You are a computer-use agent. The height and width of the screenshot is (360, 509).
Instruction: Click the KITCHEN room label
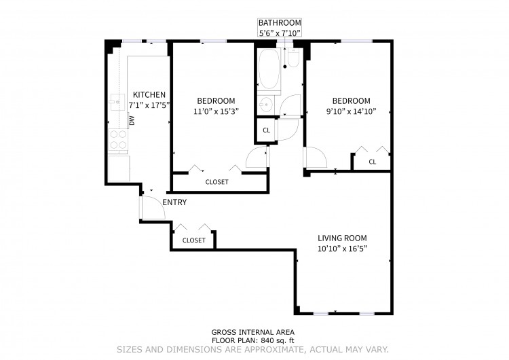tap(149, 94)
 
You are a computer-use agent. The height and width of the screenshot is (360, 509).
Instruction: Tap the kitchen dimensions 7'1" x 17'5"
tap(149, 105)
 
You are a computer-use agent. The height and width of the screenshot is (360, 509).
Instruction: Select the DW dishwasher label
tap(132, 121)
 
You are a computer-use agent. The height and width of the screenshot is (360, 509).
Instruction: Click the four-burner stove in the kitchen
tap(118, 139)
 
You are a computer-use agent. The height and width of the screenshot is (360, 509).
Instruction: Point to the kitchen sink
tap(117, 103)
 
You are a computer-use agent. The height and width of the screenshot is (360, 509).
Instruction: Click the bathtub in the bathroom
tap(269, 69)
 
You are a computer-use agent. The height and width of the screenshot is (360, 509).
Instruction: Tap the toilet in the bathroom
tap(293, 58)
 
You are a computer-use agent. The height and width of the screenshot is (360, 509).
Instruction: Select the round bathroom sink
tap(266, 105)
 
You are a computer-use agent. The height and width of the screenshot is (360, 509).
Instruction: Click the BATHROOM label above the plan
tap(280, 22)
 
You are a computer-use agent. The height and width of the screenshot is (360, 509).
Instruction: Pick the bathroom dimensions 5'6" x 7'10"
tap(280, 33)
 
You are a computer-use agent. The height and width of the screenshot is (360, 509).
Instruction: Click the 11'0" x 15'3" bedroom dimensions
tap(216, 111)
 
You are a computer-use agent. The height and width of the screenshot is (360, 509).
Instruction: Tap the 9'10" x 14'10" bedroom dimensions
tap(351, 111)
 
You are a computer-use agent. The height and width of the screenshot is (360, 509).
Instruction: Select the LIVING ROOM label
tap(342, 238)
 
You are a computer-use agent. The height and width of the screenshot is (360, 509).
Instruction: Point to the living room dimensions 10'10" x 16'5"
tap(342, 249)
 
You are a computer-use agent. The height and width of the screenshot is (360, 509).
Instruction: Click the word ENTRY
tap(174, 202)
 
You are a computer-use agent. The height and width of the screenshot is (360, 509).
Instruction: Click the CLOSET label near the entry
tap(194, 240)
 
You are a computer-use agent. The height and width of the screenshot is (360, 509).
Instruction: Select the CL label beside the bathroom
tap(267, 130)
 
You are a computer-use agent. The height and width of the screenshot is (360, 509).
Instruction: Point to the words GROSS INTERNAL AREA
tap(253, 332)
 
